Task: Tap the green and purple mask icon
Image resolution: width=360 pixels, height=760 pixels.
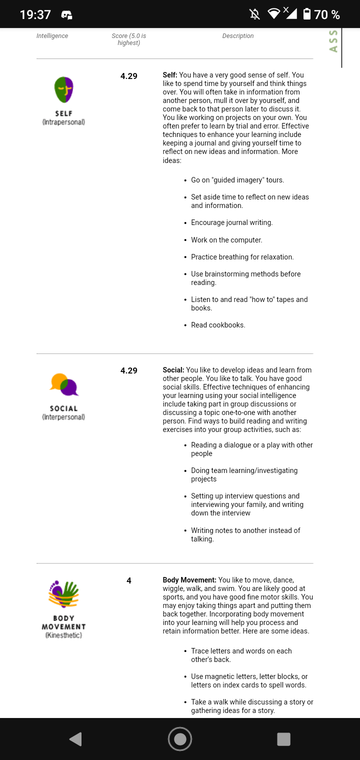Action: coord(64,90)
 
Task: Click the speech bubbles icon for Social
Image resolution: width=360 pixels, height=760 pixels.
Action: coord(64,384)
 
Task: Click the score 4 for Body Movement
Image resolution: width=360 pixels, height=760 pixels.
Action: coord(129,580)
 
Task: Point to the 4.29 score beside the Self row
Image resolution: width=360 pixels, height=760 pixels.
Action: coord(129,76)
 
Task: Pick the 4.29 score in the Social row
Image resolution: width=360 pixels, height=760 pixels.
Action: coord(129,370)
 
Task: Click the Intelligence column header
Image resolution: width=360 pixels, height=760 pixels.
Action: coord(52,36)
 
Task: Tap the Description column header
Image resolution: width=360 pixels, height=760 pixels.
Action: coord(238,36)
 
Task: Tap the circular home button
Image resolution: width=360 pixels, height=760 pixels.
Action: coord(180,739)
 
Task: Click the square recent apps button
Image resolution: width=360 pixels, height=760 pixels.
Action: coord(283,739)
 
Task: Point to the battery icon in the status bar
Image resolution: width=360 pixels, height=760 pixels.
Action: coord(307,14)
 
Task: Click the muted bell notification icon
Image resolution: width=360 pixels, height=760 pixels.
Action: coord(254,14)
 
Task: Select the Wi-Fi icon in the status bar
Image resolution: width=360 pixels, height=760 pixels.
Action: coord(273,13)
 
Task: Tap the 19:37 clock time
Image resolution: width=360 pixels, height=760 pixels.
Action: coord(35,14)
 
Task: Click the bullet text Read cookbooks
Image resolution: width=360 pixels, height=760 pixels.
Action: coord(218,325)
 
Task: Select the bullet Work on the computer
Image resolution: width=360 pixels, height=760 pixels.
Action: coord(226,240)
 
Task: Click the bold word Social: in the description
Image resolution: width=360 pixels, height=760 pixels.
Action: coord(173,370)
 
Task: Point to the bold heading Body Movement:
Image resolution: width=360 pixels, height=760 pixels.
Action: coord(189,580)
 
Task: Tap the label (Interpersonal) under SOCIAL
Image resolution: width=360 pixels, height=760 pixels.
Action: coord(63,417)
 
